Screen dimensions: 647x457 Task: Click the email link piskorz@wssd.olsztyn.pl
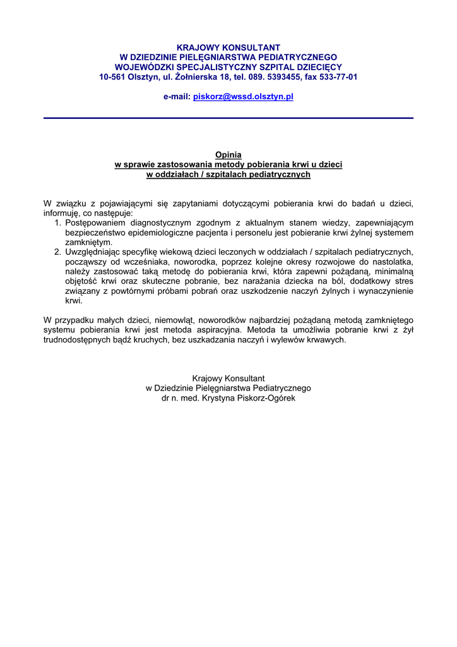[x=243, y=97]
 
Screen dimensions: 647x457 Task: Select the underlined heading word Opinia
[x=228, y=154]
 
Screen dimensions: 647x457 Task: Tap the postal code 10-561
[x=112, y=77]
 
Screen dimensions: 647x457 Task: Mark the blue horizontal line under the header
[x=228, y=118]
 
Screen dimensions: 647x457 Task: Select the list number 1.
[x=57, y=222]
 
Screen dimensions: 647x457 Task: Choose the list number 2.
[x=57, y=251]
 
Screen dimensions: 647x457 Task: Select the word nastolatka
[x=391, y=262]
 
